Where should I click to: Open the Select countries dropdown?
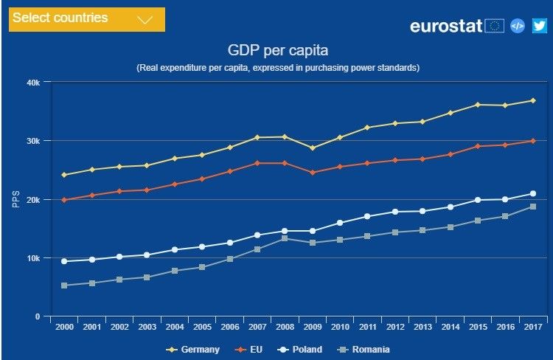point(86,19)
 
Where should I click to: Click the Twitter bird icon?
point(539,26)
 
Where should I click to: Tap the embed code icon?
point(518,26)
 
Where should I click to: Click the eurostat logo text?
point(446,26)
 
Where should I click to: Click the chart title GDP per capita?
point(277,51)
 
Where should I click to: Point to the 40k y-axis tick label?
point(33,82)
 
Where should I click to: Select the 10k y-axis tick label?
point(33,258)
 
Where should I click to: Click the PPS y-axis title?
point(16,199)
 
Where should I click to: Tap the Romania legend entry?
point(366,350)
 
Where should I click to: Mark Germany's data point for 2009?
point(312,148)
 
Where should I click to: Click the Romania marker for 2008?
point(285,238)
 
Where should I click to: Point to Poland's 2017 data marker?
point(532,194)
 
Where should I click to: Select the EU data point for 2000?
point(64,200)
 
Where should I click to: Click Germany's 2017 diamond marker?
point(532,100)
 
